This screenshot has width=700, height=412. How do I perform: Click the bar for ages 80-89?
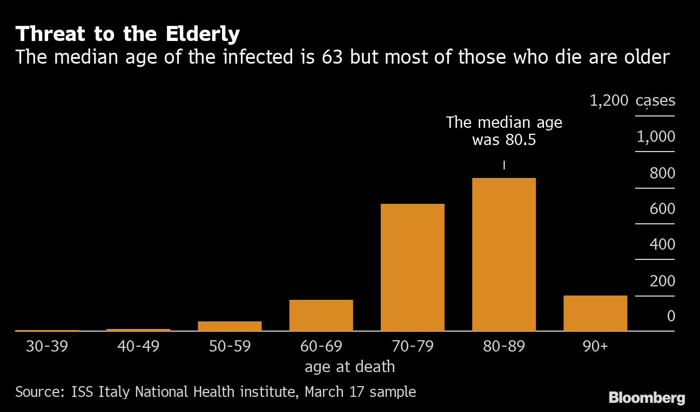[504, 254]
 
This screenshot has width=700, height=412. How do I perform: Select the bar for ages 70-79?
[412, 267]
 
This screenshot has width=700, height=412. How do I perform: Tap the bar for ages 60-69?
[321, 315]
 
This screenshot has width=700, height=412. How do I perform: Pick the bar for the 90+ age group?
[595, 313]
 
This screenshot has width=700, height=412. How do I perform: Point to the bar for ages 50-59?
[230, 326]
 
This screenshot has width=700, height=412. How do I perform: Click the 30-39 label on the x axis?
[47, 346]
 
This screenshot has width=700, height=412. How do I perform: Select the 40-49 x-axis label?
[138, 346]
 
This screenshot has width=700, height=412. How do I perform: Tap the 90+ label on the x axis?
[595, 346]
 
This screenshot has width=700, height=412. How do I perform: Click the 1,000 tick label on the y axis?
[656, 137]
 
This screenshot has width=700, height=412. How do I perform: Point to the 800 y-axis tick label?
[662, 174]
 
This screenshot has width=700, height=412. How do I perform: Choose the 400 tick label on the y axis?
[662, 245]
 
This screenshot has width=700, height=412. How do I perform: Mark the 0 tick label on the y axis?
[671, 316]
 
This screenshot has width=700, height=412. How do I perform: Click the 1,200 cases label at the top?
[632, 101]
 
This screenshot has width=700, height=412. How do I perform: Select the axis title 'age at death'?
[349, 367]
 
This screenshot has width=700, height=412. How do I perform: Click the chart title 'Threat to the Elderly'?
[127, 34]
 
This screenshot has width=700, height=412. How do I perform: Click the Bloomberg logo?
[647, 399]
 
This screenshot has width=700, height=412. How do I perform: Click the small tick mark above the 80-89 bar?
[504, 166]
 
